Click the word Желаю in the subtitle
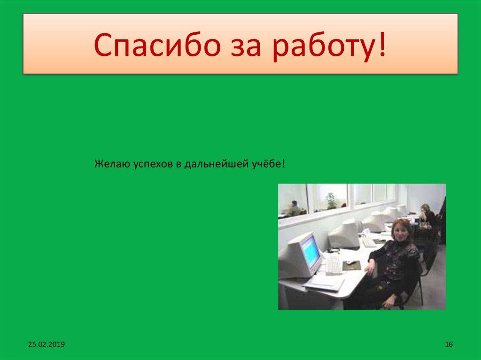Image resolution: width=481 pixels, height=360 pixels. point(109,164)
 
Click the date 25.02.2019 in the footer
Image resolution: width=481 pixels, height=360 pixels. point(46,345)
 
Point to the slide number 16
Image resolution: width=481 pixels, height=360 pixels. point(448,345)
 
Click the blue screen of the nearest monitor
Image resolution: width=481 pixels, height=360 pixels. point(310,250)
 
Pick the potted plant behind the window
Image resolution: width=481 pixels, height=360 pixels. point(331,200)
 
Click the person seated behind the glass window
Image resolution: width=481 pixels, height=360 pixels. point(294,208)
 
